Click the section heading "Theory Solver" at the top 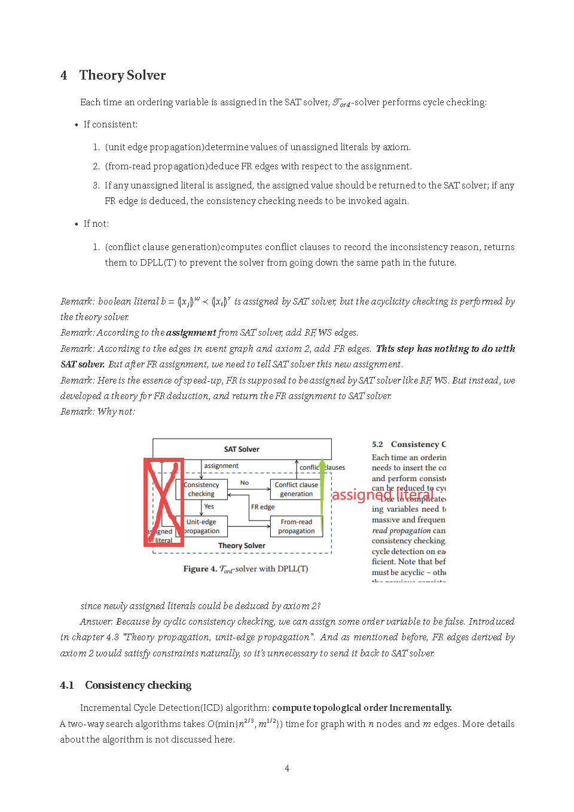click(122, 75)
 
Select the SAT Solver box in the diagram click(242, 449)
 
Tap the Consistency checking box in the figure click(201, 489)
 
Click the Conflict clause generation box click(296, 489)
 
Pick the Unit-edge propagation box click(202, 527)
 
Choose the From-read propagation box click(296, 527)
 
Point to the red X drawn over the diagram click(163, 503)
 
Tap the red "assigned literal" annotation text click(383, 495)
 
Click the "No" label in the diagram click(245, 483)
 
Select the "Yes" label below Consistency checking click(209, 507)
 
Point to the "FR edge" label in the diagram click(262, 507)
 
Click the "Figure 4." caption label click(200, 569)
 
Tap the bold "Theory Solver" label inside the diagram click(242, 546)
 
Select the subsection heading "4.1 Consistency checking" click(126, 685)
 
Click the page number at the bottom click(287, 768)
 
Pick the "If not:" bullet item click(96, 224)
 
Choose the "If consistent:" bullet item click(111, 124)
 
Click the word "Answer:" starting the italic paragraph click(96, 622)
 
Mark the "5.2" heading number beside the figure click(377, 445)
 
